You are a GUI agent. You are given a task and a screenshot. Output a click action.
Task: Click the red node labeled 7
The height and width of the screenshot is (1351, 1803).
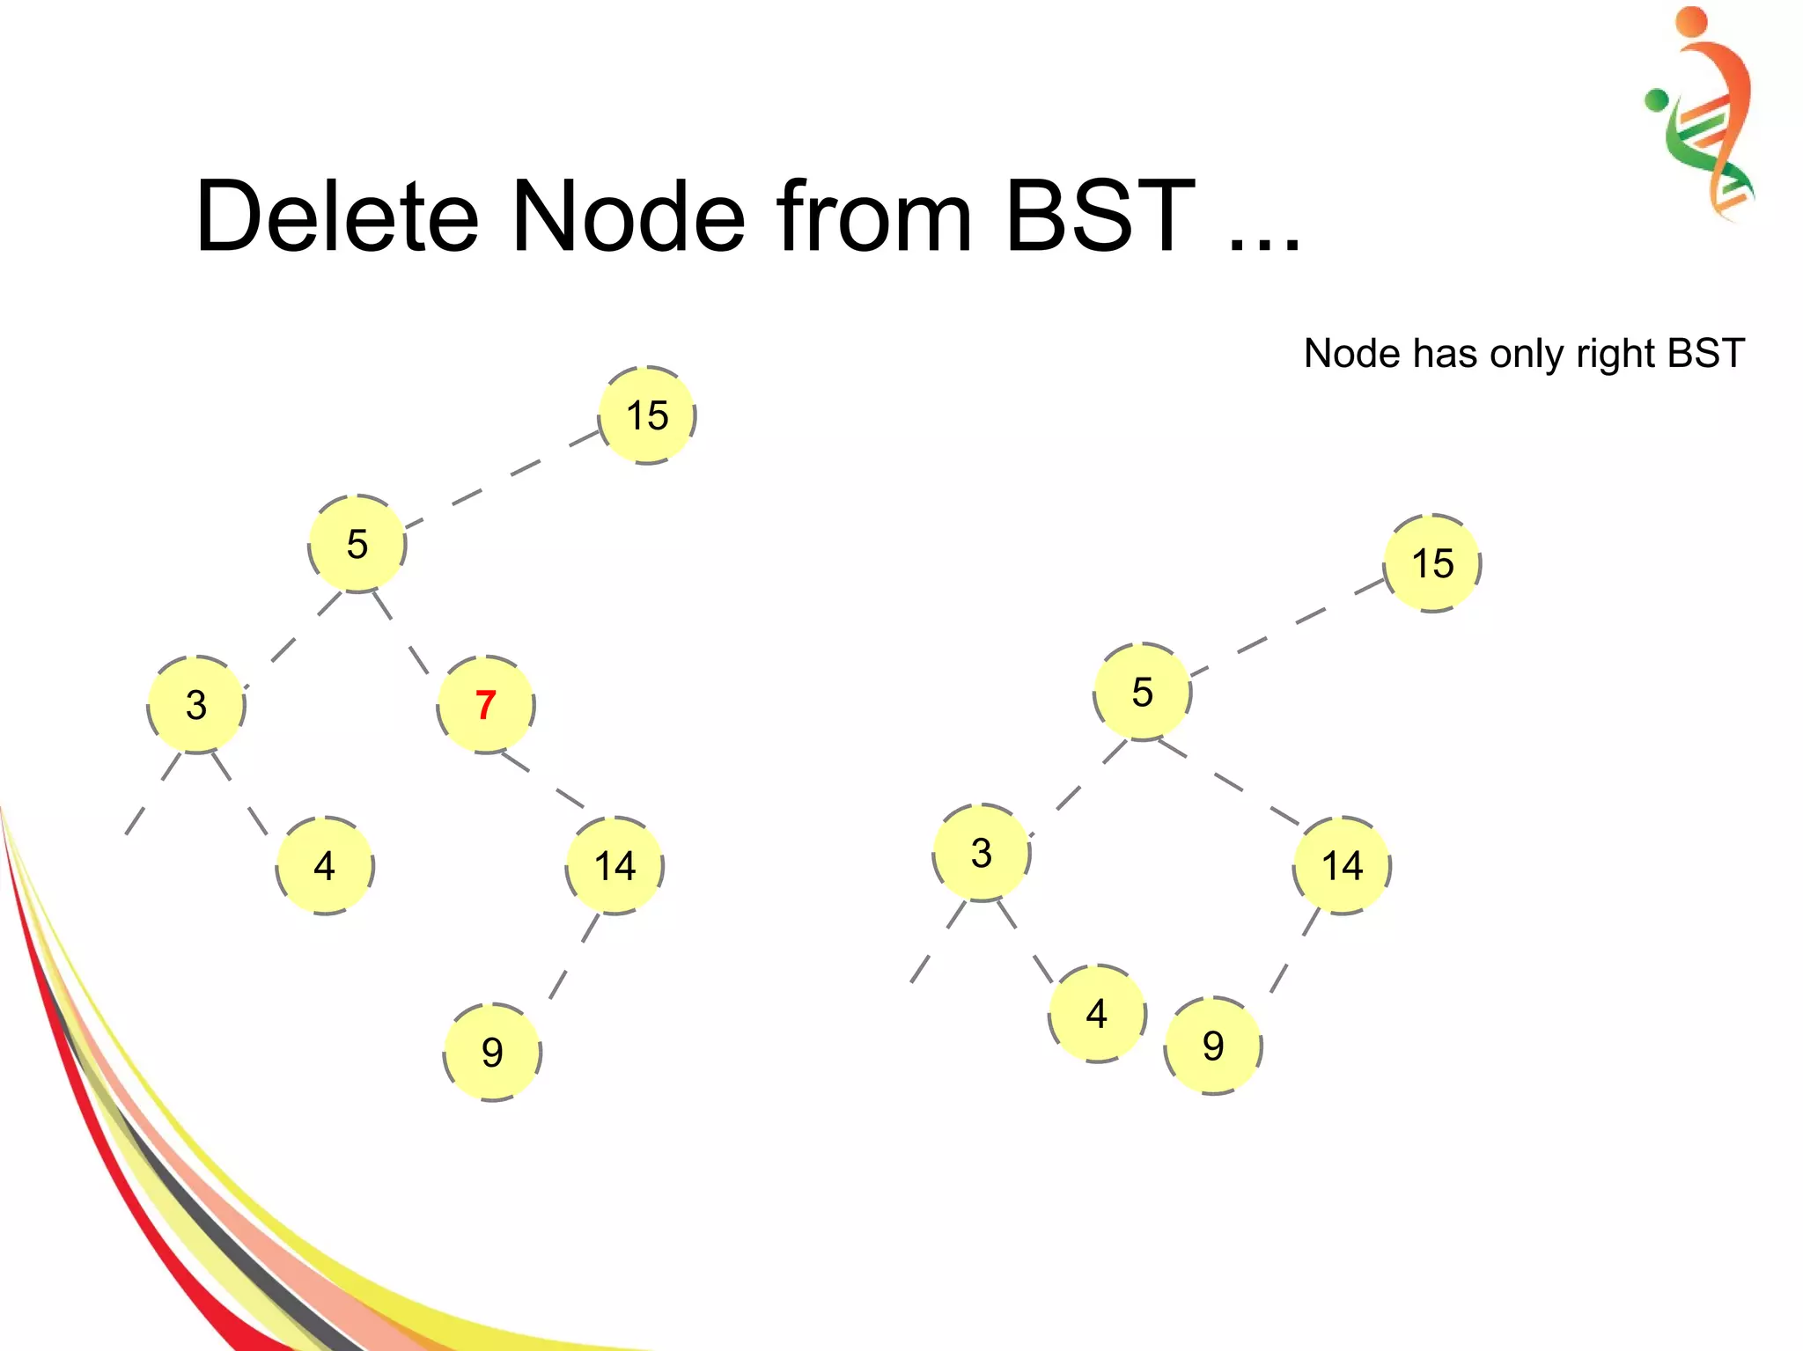click(486, 705)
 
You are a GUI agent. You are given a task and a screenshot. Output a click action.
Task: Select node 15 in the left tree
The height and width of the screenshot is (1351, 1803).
click(647, 415)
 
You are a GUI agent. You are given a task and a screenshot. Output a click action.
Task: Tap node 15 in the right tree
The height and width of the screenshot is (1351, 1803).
click(1432, 563)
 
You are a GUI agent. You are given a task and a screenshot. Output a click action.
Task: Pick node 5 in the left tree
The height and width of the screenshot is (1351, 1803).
click(357, 544)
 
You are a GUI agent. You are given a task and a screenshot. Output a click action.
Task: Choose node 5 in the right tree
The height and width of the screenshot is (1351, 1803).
click(1142, 692)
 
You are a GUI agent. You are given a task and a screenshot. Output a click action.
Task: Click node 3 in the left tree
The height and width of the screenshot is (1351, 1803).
click(196, 705)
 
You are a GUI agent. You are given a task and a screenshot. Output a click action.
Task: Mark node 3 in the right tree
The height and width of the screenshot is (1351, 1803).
click(982, 853)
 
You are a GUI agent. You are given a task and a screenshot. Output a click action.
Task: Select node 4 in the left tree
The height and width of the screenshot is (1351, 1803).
click(325, 866)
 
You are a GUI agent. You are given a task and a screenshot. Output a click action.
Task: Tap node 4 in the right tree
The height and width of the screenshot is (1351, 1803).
click(1097, 1014)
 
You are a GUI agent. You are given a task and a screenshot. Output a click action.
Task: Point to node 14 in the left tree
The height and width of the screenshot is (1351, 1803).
click(614, 866)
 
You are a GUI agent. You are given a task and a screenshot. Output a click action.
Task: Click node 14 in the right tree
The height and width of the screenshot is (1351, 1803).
click(1343, 866)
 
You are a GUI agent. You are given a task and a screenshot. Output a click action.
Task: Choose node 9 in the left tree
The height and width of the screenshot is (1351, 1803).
click(492, 1052)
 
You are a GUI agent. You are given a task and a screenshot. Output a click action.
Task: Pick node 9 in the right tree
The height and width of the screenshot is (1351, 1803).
click(1213, 1046)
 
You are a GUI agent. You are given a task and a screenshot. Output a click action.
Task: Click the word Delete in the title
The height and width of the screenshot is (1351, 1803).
click(337, 217)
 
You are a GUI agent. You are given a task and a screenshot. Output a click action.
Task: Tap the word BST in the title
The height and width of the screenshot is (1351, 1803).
click(1100, 217)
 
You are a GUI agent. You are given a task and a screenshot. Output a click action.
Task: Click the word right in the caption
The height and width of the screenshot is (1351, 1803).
click(1615, 355)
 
